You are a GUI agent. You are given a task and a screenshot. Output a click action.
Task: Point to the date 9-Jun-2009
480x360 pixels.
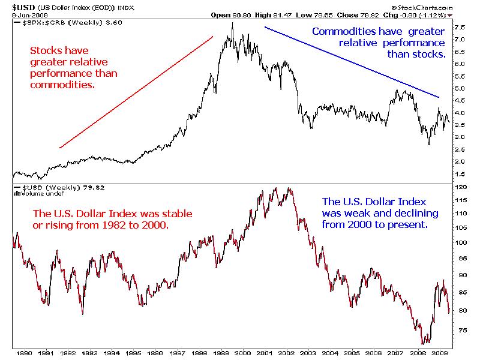click(17, 16)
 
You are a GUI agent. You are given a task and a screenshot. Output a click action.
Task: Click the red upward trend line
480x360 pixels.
click(136, 92)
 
